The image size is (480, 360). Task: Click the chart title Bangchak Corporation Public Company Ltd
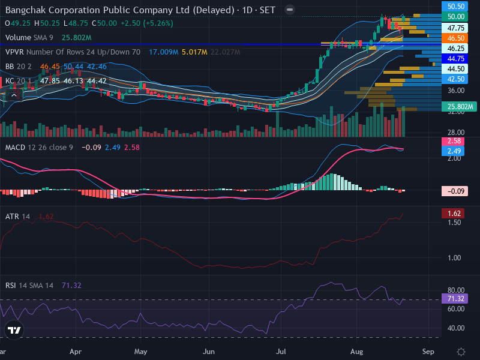point(98,10)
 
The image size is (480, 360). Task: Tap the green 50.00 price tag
point(455,17)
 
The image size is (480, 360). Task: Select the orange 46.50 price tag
point(455,38)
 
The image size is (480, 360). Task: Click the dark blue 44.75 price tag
point(455,58)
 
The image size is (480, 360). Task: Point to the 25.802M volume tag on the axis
point(459,107)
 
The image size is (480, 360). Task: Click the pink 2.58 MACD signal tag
point(453,141)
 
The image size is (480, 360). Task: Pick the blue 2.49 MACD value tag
point(453,151)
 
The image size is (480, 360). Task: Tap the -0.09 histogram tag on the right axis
point(455,191)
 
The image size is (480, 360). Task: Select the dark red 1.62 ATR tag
point(453,214)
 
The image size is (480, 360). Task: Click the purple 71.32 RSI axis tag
point(455,298)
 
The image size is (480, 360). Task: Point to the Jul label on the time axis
point(281,352)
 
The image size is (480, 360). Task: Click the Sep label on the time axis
point(428,352)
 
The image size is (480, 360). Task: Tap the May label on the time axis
point(140,352)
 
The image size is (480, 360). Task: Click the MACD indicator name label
point(15,148)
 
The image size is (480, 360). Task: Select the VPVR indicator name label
point(14,52)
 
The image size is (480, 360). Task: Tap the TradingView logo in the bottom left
point(14,330)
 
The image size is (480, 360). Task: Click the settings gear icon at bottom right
point(461,352)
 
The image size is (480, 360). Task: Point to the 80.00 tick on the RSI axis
point(456,290)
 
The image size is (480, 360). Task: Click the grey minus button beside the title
point(290,10)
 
